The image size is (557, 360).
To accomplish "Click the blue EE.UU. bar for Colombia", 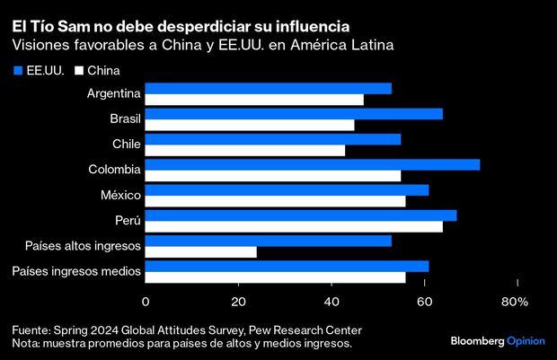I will [313, 164].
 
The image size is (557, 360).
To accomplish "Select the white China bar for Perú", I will [294, 226].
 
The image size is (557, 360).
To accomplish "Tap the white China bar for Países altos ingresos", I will [200, 252].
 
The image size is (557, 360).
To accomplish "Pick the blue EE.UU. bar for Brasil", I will [294, 113].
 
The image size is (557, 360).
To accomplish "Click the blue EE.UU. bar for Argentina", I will [268, 88].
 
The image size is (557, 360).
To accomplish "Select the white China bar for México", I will [275, 201].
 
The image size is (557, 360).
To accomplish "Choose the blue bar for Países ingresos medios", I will [287, 267].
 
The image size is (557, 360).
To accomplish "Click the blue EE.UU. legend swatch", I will [18, 70].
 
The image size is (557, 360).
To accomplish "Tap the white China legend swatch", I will [78, 70].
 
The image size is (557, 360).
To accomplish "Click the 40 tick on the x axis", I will [331, 303].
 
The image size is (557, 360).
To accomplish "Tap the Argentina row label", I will [112, 93].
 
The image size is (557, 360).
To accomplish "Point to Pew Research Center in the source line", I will [305, 329].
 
